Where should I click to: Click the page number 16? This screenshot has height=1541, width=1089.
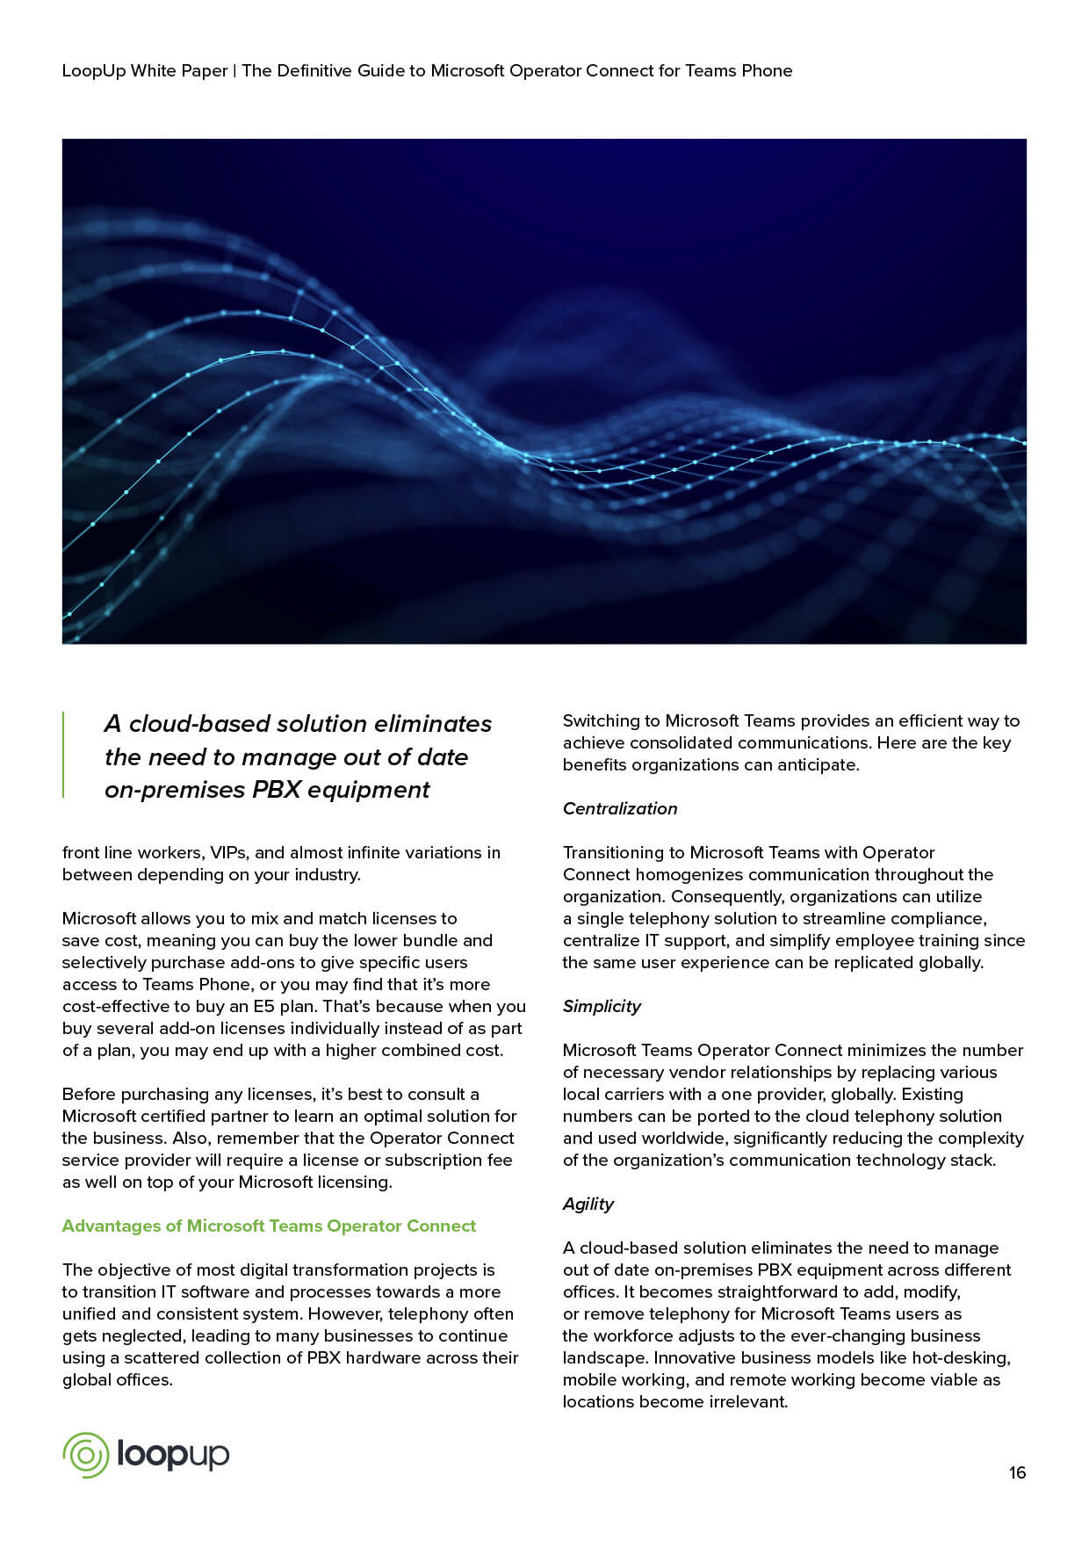tap(1017, 1472)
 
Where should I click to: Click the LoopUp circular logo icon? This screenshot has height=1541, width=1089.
tap(85, 1455)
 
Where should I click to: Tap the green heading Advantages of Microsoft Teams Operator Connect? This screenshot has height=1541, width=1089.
tap(269, 1226)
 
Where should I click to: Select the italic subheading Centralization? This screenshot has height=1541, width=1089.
tap(620, 808)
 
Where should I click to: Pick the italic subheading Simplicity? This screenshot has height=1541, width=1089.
tap(602, 1006)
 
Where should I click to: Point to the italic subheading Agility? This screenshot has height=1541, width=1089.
tap(588, 1204)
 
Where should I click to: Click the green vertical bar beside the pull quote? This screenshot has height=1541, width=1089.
tap(63, 755)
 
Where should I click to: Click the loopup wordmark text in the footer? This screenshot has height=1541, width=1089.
tap(173, 1456)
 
